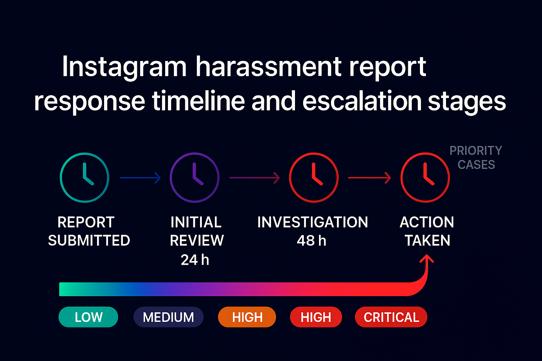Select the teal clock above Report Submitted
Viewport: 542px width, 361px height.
click(84, 177)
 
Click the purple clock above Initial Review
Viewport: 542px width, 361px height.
click(194, 177)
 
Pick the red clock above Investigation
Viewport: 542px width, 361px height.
click(314, 177)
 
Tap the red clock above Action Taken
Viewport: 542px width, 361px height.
click(425, 177)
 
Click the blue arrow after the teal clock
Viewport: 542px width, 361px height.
click(140, 178)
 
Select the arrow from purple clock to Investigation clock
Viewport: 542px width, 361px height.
click(255, 178)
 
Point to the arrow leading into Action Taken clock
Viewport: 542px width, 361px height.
click(370, 178)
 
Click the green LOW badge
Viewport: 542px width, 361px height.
click(88, 317)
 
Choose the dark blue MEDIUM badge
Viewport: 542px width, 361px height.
click(168, 317)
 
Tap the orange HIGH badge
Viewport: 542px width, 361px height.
click(247, 317)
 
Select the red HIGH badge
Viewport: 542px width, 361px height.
click(316, 317)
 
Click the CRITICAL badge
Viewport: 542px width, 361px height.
click(391, 317)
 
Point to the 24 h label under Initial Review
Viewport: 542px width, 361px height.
click(195, 260)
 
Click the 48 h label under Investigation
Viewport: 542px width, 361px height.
click(312, 240)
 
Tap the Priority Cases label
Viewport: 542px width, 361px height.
click(476, 157)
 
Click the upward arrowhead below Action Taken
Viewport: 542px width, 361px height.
click(427, 258)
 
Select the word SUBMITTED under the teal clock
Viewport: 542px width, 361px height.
click(89, 240)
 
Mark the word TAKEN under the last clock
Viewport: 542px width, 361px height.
click(427, 240)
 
